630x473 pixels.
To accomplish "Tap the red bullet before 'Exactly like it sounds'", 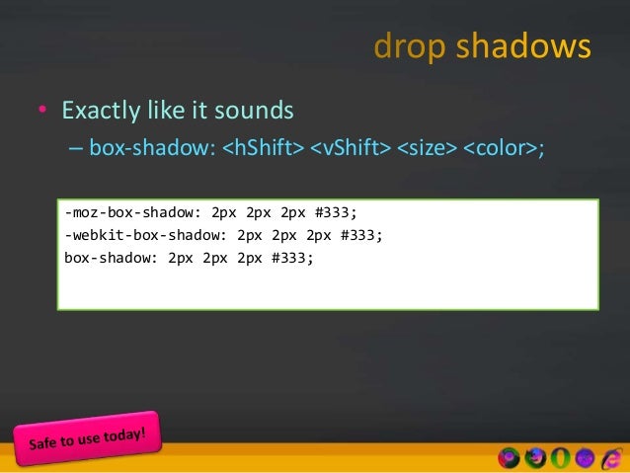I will [42, 110].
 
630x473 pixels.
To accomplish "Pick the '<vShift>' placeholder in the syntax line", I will [351, 150].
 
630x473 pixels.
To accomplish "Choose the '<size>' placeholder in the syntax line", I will [427, 150].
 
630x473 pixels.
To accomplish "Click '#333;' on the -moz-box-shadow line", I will [335, 213].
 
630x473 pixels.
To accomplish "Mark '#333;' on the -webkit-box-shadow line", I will [359, 236].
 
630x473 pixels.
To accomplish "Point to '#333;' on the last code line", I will [291, 259].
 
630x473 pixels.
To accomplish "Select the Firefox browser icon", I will [535, 457].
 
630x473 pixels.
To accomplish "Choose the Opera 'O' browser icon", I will [560, 457].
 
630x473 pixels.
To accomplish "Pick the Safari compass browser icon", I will [585, 457].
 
